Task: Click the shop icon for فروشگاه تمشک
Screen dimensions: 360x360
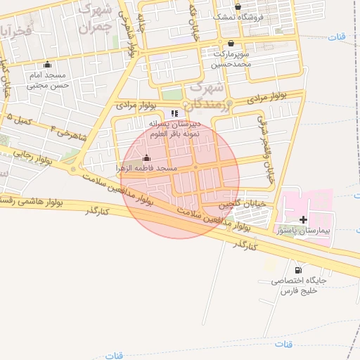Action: pyautogui.click(x=238, y=6)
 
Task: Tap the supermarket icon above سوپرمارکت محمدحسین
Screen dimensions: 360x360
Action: pyautogui.click(x=231, y=43)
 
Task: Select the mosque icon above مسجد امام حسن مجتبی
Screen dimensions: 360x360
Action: pyautogui.click(x=47, y=64)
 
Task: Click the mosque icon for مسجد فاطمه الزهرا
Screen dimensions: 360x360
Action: pyautogui.click(x=146, y=157)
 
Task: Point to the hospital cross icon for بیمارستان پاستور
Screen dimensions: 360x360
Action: pyautogui.click(x=303, y=219)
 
